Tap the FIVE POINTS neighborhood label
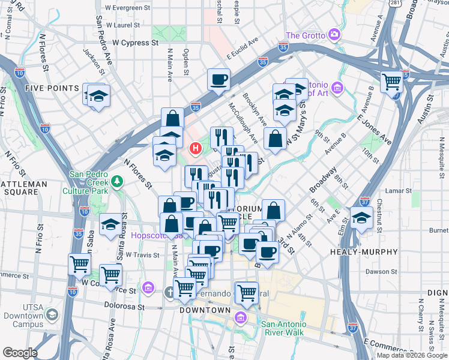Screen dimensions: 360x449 [x=52, y=88]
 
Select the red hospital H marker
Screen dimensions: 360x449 [x=195, y=148]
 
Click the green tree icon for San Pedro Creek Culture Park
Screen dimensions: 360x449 [x=117, y=181]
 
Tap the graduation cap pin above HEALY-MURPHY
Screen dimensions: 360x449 [x=362, y=219]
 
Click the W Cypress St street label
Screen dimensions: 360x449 [x=136, y=43]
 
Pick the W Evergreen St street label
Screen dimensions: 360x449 [x=127, y=8]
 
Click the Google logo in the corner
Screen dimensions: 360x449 [x=19, y=353]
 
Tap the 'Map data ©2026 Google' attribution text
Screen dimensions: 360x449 [x=412, y=355]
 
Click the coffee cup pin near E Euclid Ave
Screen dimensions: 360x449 [x=218, y=79]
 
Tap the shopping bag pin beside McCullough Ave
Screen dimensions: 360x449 [x=275, y=139]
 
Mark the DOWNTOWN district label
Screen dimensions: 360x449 [x=206, y=310]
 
